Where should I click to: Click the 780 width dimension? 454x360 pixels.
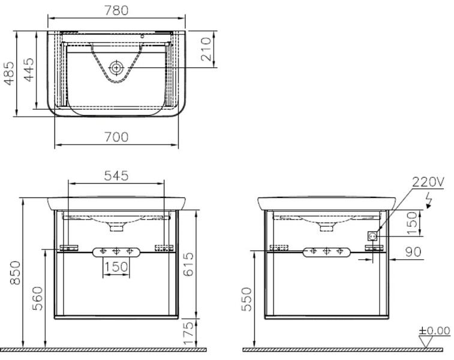click(x=116, y=10)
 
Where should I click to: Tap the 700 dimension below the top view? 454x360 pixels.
click(x=116, y=137)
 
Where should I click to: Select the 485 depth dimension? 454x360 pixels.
click(x=9, y=73)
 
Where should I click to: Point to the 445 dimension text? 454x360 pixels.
click(x=29, y=70)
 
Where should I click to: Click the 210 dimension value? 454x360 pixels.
click(x=206, y=49)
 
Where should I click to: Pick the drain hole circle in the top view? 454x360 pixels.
click(x=116, y=68)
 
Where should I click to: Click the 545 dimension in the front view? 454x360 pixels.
click(x=116, y=176)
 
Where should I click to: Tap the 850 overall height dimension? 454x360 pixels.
click(x=15, y=272)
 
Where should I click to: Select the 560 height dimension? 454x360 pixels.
click(x=37, y=298)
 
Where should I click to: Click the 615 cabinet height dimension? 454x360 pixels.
click(x=188, y=264)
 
